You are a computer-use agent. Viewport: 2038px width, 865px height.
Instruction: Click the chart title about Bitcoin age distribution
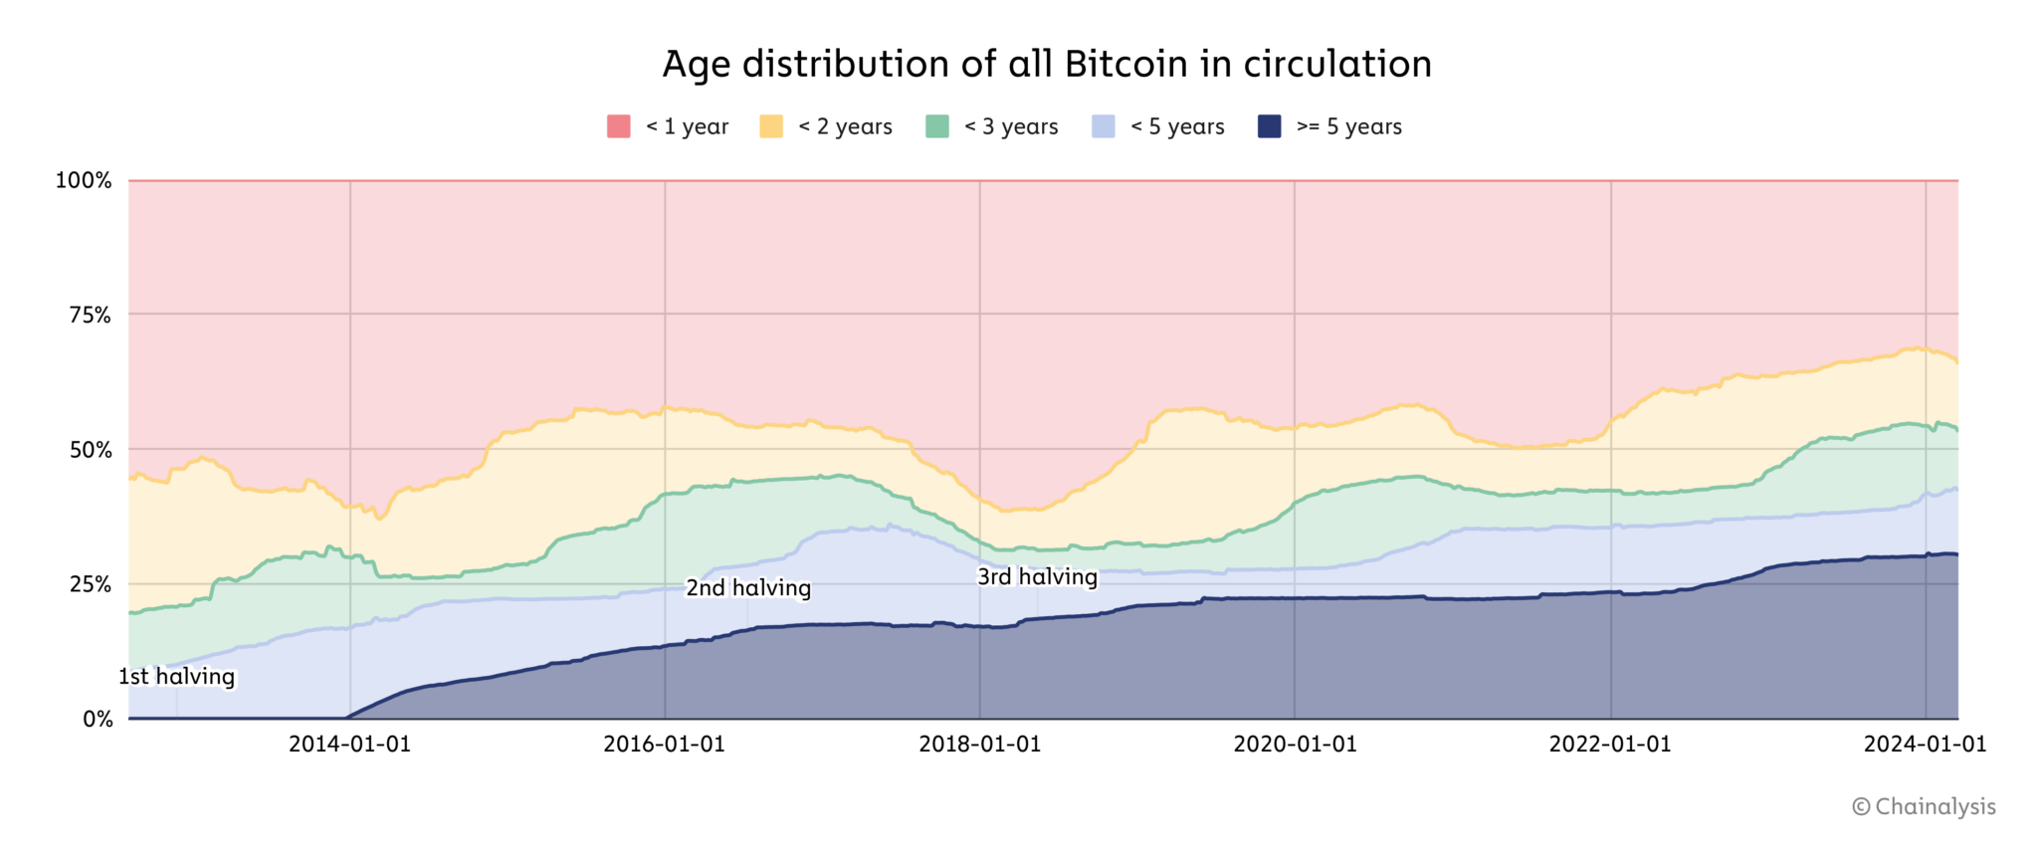tap(1047, 64)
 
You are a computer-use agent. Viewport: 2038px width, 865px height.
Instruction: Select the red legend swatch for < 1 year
tap(619, 126)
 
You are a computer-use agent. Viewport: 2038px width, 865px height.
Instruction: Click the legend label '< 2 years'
tap(845, 126)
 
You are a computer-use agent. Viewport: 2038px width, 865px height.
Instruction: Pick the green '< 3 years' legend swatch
tap(937, 126)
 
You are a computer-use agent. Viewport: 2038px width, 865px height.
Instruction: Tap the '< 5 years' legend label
tap(1177, 126)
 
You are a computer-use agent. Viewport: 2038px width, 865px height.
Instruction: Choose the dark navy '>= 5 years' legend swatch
tap(1270, 126)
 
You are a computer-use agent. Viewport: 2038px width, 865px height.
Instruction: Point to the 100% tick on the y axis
tap(84, 180)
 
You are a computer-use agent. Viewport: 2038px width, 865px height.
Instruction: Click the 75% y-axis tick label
tap(90, 315)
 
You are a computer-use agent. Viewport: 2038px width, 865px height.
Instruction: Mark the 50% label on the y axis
tap(90, 449)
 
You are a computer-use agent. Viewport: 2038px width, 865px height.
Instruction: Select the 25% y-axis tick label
tap(90, 584)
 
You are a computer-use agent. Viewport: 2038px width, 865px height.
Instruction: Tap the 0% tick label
tap(98, 719)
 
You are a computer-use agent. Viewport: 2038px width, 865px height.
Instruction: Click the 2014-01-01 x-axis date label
tap(349, 745)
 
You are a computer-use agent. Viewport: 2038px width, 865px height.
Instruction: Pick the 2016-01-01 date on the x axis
tap(664, 745)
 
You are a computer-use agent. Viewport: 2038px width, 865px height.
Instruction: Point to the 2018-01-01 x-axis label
tap(979, 745)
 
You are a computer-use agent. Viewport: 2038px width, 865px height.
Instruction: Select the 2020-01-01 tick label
tap(1295, 745)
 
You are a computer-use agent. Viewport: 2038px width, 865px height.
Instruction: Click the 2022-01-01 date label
tap(1610, 745)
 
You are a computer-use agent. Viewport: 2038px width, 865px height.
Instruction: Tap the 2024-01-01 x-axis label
tap(1925, 745)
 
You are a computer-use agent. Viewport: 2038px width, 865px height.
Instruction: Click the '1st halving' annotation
tap(177, 677)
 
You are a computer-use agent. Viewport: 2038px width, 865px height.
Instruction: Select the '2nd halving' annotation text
tap(748, 588)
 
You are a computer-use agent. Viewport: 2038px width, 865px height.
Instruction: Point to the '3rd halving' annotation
tap(1037, 577)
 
